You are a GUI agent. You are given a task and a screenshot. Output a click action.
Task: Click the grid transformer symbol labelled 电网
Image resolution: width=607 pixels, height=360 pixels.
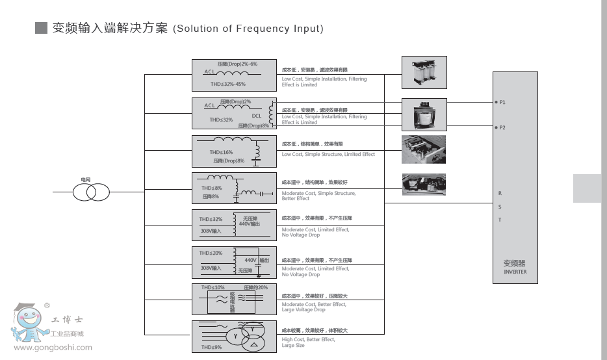[x=91, y=192]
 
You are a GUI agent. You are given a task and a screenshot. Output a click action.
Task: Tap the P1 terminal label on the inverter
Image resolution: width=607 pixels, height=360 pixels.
[x=502, y=103]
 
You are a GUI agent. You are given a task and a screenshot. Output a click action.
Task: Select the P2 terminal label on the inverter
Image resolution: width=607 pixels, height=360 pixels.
[x=502, y=127]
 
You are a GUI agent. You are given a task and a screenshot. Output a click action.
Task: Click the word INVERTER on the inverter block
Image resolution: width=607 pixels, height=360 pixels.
[x=515, y=272]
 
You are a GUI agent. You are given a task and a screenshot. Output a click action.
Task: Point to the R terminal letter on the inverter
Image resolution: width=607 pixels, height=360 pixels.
[x=500, y=193]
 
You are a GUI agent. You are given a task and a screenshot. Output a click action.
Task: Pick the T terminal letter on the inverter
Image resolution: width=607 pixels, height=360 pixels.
[x=500, y=220]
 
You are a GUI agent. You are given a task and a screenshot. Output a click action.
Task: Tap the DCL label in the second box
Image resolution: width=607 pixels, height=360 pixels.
[x=257, y=116]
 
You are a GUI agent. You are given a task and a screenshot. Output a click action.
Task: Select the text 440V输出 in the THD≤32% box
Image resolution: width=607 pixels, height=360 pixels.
[x=250, y=224]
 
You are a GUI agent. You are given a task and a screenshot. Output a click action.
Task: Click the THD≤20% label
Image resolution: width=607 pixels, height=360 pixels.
[x=211, y=253]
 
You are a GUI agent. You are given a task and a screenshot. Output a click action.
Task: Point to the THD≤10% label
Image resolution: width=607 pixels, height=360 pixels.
[x=213, y=287]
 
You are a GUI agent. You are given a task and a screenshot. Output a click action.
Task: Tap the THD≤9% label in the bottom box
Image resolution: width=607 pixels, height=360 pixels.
[x=211, y=347]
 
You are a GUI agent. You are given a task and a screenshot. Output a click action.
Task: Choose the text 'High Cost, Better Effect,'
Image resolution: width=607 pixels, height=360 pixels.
[x=308, y=339]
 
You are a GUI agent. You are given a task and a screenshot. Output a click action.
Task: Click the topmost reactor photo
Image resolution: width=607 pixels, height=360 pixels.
[x=424, y=72]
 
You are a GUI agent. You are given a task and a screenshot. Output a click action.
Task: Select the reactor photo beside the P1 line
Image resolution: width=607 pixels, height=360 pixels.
[x=424, y=114]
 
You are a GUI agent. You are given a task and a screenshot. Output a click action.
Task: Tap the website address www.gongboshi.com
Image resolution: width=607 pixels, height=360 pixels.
[x=53, y=347]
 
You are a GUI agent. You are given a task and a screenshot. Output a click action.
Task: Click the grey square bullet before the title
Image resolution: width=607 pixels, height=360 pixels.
[x=42, y=28]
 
